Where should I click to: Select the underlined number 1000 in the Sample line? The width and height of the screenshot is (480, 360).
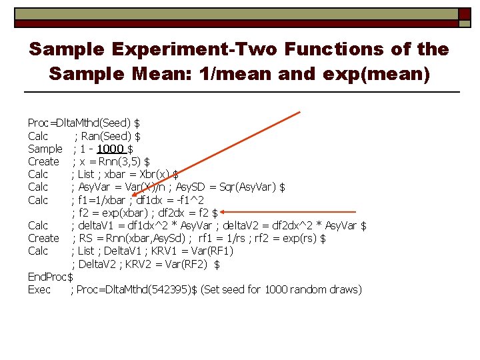110,149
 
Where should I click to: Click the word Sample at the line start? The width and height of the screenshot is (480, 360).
45,149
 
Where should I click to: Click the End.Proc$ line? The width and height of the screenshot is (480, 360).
50,277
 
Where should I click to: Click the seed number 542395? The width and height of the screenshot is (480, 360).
173,289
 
